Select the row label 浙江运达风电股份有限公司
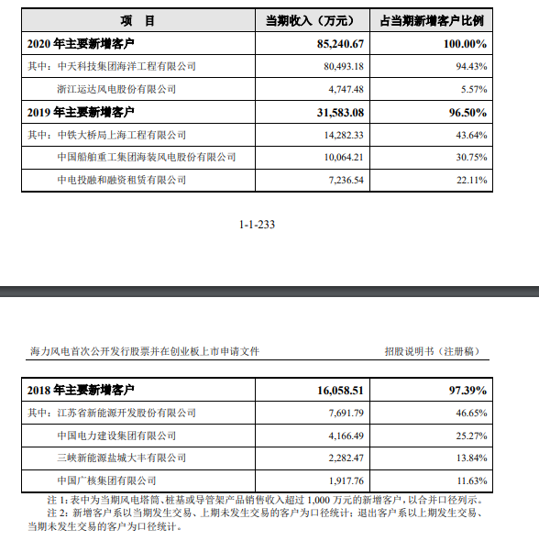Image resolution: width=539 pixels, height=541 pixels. click(115, 89)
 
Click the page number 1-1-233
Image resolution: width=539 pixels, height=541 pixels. click(257, 224)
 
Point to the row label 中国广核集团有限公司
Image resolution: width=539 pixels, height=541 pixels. click(106, 480)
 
